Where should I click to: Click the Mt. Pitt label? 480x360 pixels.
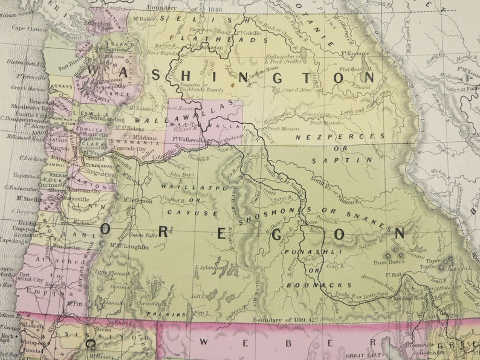(74, 304)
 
